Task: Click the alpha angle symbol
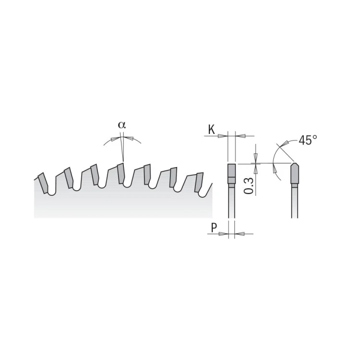(x=122, y=125)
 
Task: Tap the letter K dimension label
(x=211, y=130)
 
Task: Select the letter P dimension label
(x=214, y=228)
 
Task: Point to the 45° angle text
(x=308, y=140)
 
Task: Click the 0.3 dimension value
(x=249, y=186)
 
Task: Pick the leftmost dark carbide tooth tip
(x=43, y=183)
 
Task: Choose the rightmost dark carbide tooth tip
(x=199, y=182)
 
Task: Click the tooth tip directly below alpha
(x=121, y=173)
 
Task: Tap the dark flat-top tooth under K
(x=231, y=174)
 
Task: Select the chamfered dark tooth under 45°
(x=295, y=173)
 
